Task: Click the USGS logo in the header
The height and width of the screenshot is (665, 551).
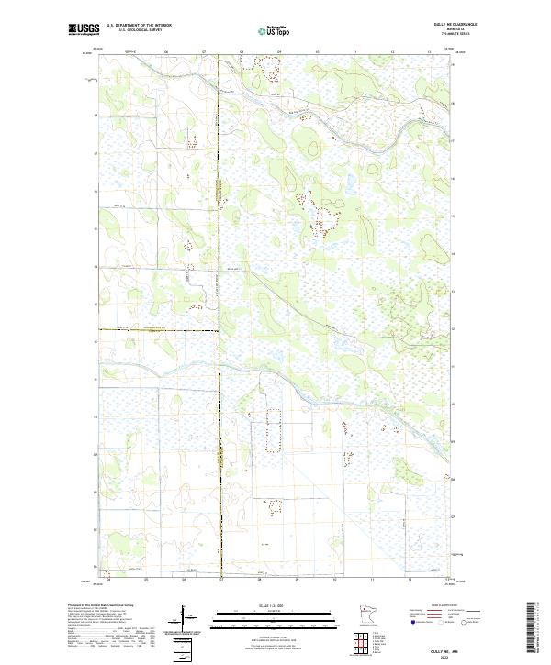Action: (83, 28)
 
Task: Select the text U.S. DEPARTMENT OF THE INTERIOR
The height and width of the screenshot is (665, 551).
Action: (140, 25)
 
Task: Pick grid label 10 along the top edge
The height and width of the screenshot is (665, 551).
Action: (317, 52)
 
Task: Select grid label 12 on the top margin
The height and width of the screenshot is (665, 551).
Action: (392, 52)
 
